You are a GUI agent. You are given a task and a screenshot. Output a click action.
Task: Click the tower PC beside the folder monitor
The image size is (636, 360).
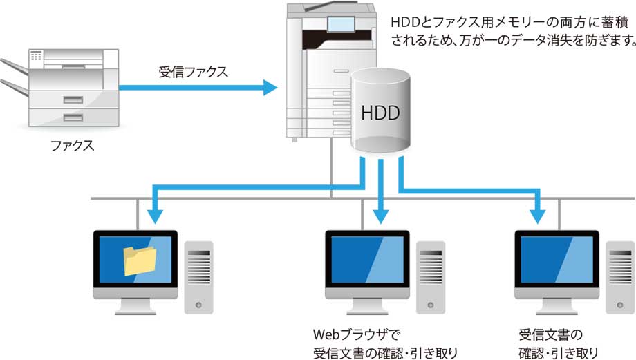(199, 274)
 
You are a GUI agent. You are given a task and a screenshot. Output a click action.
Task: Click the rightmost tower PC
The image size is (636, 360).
(619, 274)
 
